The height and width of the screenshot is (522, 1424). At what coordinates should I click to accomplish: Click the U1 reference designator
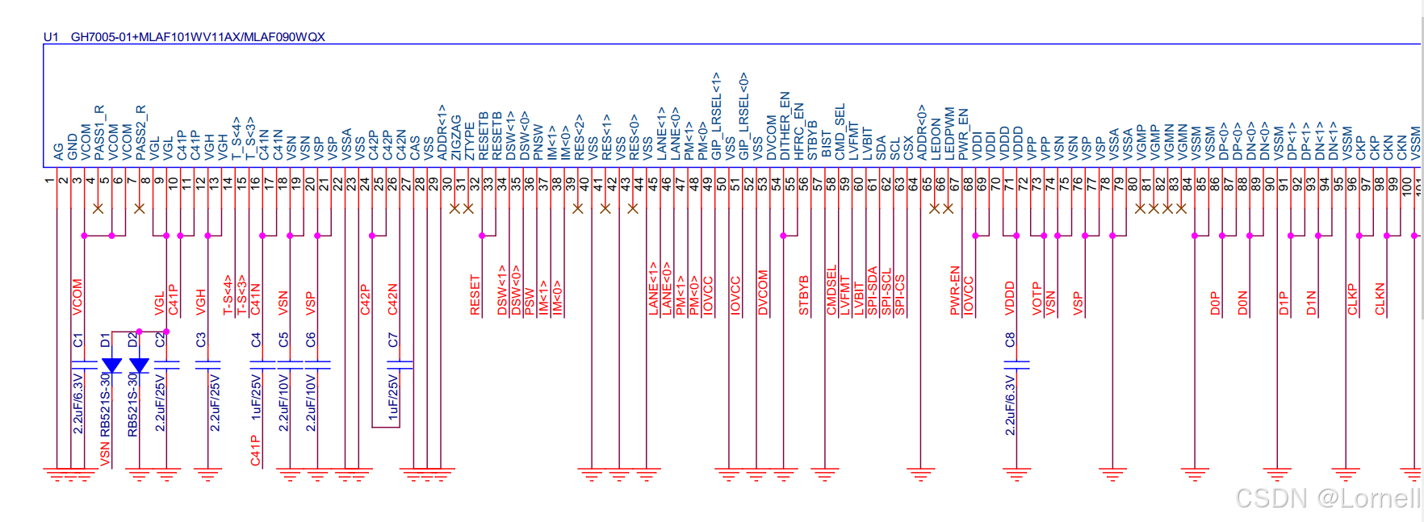[x=51, y=37]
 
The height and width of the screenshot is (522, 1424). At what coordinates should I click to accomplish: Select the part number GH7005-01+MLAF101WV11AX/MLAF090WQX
[x=198, y=37]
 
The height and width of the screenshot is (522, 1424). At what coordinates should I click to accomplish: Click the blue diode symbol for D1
[x=111, y=365]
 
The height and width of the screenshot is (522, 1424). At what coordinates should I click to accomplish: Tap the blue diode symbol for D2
[x=139, y=365]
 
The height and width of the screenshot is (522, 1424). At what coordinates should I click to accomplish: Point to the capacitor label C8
[x=1010, y=340]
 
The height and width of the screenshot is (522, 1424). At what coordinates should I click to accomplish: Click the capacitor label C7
[x=393, y=340]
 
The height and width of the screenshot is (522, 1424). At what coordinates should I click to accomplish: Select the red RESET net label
[x=475, y=295]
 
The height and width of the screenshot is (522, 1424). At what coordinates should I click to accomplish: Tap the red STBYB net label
[x=804, y=295]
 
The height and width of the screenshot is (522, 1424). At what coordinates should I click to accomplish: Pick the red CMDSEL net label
[x=831, y=290]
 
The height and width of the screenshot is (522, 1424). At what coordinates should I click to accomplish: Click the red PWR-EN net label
[x=955, y=290]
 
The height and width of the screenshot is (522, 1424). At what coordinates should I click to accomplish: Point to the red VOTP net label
[x=1037, y=298]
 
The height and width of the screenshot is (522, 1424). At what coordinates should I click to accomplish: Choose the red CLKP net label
[x=1352, y=299]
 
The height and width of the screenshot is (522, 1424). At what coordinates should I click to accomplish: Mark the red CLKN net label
[x=1380, y=299]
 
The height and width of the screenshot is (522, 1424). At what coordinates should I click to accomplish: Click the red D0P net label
[x=1215, y=303]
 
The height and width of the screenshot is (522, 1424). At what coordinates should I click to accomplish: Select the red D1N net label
[x=1311, y=303]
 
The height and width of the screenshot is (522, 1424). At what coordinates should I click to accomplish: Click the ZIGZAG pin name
[x=456, y=137]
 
